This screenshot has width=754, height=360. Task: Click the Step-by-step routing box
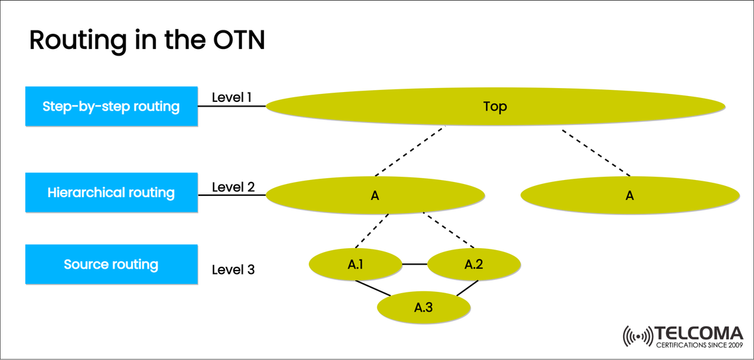111,106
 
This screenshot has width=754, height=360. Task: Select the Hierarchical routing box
111,193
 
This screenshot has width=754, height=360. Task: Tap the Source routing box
111,264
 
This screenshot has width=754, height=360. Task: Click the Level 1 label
231,98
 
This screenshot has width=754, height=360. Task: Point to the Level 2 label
233,187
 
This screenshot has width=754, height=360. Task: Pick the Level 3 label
233,270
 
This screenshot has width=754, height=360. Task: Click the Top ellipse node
495,106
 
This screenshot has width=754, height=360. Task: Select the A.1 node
355,265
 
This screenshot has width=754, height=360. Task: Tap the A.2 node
474,265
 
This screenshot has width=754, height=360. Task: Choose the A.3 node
423,307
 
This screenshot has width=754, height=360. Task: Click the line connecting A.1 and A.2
415,264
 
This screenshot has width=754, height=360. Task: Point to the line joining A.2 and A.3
466,289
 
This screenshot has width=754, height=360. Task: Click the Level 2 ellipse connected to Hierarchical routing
375,195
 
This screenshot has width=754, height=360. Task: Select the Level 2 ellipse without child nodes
630,195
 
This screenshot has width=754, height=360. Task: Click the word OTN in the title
234,41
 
